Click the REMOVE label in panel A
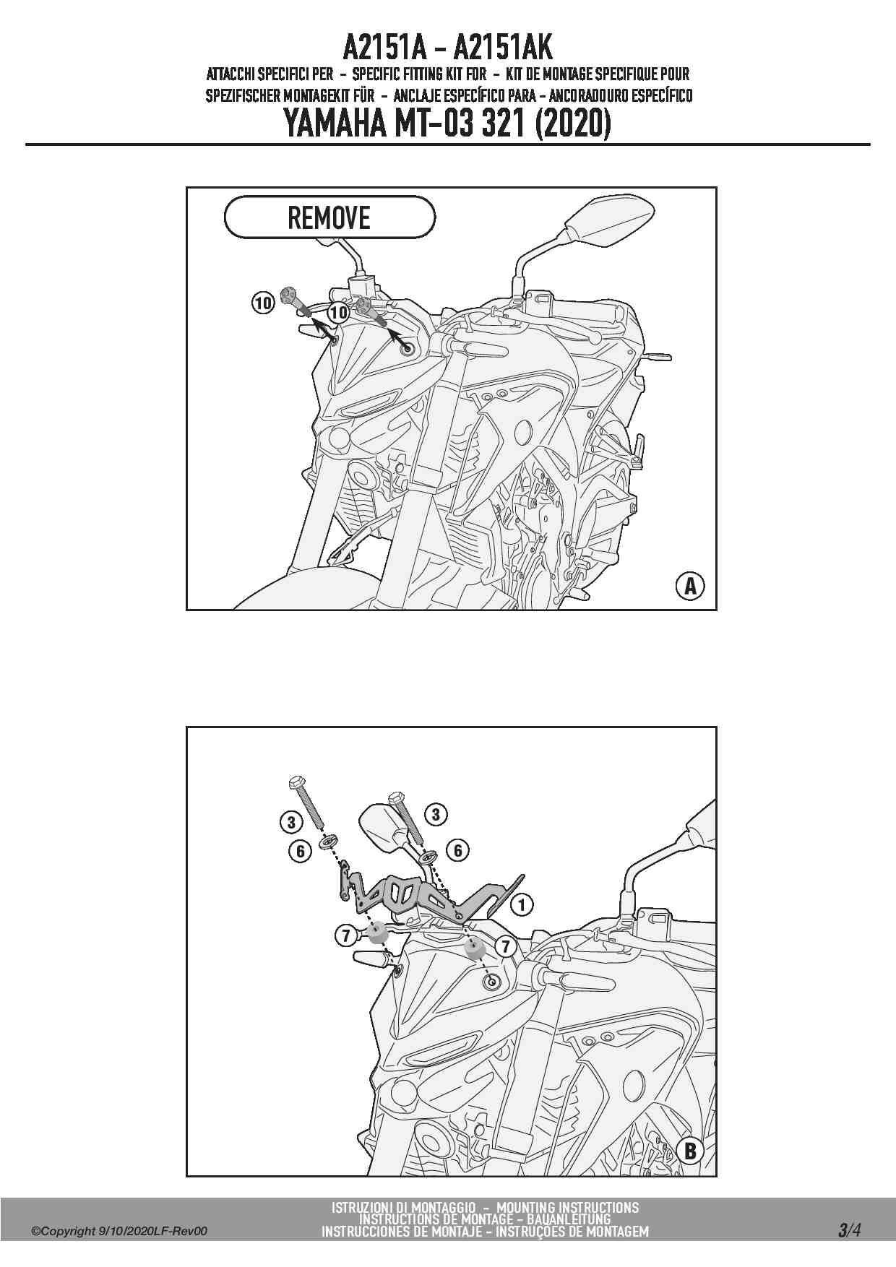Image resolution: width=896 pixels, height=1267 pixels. click(329, 217)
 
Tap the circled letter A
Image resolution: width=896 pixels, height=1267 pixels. click(690, 586)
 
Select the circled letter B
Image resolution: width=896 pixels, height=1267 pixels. click(690, 1151)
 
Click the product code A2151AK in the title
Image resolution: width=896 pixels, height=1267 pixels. click(503, 48)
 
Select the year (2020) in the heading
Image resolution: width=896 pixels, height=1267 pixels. click(573, 124)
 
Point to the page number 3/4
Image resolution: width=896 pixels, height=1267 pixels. click(849, 1230)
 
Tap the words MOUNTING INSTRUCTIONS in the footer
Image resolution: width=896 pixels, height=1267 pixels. click(567, 1207)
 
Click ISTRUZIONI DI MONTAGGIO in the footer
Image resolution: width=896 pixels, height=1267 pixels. click(403, 1207)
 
